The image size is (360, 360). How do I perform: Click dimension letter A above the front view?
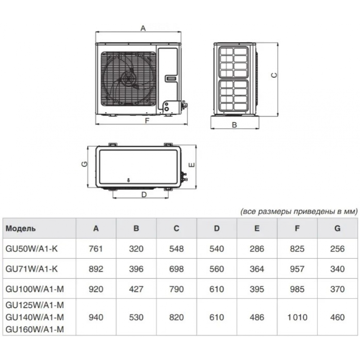pos(143,28)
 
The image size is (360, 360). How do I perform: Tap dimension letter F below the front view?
pos(147,121)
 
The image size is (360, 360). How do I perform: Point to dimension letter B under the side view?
pos(234,125)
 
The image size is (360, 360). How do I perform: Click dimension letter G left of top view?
pos(84,164)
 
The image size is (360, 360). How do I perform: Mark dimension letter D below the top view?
pos(144,195)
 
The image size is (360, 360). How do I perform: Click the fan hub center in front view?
pos(128,78)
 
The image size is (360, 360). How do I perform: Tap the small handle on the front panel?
pos(171,78)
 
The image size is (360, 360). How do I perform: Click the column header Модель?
pos(21,229)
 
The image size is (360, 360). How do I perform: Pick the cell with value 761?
pos(96,249)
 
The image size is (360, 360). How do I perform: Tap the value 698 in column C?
pos(176,269)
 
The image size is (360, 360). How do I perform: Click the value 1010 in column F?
pos(297,317)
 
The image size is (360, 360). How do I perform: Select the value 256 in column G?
pos(337,249)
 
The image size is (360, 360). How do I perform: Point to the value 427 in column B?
pos(136,289)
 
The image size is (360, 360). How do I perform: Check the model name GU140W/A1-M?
pos(35,317)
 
